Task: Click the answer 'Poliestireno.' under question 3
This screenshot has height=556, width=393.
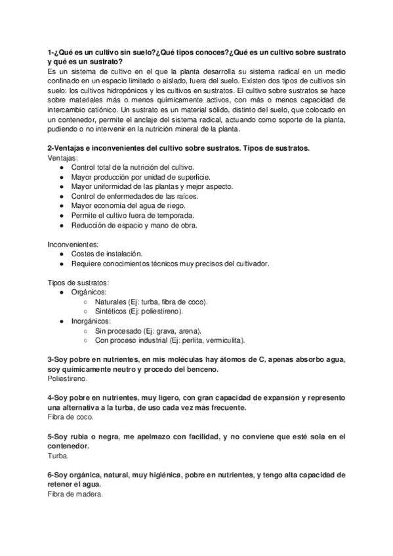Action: [69, 379]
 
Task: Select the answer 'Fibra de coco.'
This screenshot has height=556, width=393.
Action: [72, 416]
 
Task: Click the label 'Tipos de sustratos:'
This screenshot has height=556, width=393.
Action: [79, 282]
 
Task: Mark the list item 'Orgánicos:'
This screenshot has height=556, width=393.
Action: [90, 292]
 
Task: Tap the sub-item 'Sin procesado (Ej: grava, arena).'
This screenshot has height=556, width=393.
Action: [148, 330]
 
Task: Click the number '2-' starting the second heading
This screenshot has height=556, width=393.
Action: [52, 148]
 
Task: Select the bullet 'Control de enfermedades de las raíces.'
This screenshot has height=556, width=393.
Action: [134, 196]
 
